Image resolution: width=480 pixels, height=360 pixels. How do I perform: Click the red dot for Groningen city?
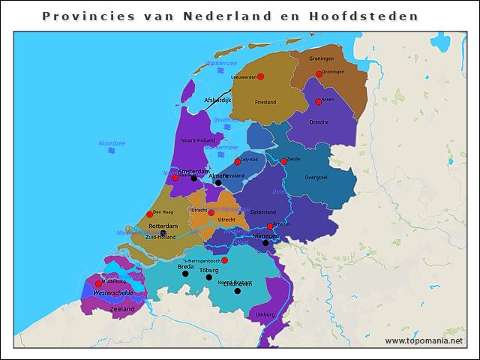pos(319,74)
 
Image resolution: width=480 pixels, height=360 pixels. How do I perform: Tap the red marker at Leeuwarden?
pos(260,76)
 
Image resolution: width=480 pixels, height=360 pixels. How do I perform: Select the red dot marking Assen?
pos(319,102)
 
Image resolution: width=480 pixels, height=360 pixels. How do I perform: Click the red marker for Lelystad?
pos(237,162)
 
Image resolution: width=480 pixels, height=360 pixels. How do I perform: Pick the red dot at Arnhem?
pos(270,226)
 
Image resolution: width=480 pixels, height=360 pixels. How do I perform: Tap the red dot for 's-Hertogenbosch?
pos(224,260)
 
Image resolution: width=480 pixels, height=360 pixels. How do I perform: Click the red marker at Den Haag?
pos(150,214)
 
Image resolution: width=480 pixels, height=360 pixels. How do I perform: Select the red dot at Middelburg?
pos(98,284)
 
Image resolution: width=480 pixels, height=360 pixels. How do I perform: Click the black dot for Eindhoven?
pos(237,291)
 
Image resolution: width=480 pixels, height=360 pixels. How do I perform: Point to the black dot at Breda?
pos(185,274)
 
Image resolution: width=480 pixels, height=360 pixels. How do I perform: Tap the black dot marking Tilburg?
pos(209,277)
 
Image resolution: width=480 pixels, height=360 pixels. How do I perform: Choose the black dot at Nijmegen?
pos(265,242)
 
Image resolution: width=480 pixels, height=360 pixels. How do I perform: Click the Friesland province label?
pos(265,102)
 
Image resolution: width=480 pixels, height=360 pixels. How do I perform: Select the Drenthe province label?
pos(319,121)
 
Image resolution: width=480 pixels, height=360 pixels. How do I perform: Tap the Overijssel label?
pos(317,178)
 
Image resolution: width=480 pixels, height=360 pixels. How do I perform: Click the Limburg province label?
pos(265,314)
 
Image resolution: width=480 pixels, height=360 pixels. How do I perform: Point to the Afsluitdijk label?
pos(217,100)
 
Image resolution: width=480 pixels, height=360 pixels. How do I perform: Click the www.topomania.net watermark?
pos(424,340)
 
